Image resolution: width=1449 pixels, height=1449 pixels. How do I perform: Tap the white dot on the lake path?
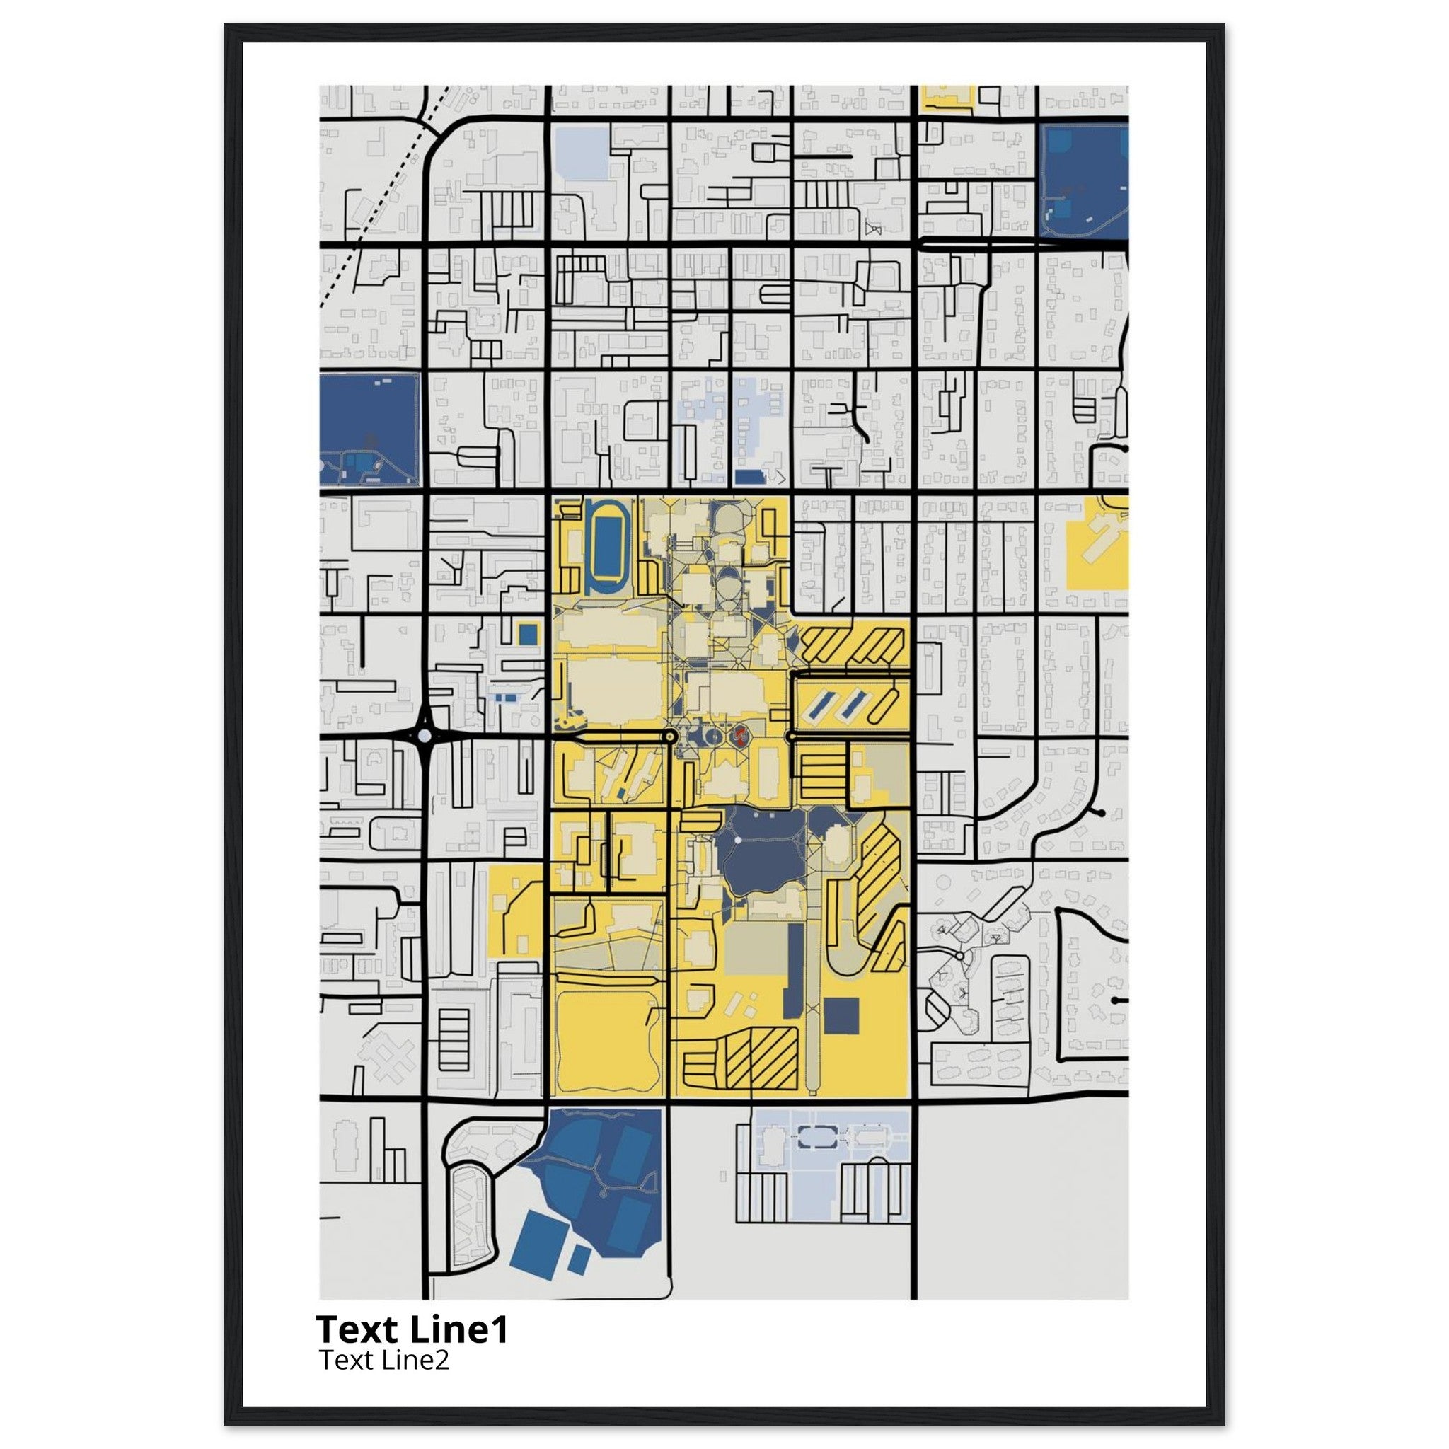[738, 840]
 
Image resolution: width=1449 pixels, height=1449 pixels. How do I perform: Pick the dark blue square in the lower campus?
[841, 1015]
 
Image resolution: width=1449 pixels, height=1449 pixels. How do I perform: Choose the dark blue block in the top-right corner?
[1084, 180]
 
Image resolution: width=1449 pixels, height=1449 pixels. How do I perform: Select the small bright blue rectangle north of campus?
[748, 476]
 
